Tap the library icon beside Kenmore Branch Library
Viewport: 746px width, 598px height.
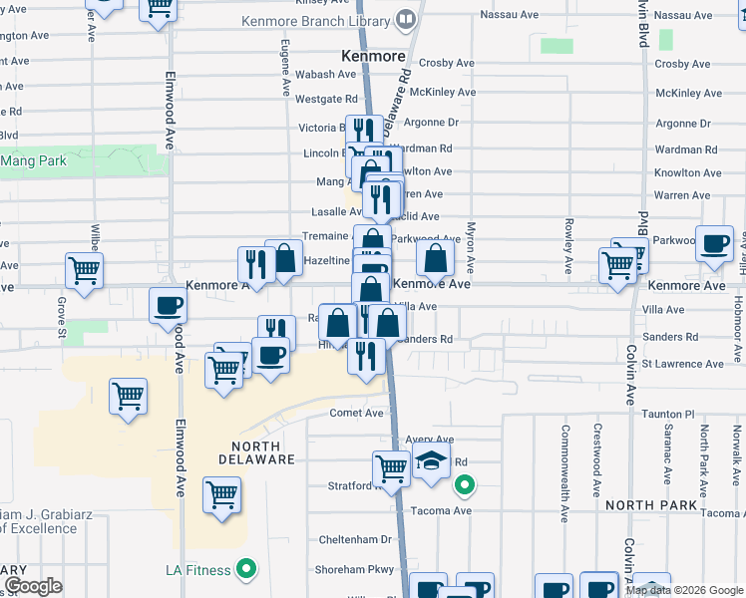[406, 19]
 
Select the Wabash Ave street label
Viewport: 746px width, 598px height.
[326, 74]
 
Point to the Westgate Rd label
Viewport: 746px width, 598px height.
[326, 99]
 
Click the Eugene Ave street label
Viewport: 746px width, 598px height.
[285, 68]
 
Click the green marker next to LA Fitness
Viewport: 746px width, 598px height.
[247, 570]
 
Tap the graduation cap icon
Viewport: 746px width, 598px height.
[431, 463]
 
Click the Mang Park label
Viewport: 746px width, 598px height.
[33, 159]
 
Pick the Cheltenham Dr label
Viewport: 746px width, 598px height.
[353, 539]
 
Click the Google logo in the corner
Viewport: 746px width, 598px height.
[33, 586]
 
